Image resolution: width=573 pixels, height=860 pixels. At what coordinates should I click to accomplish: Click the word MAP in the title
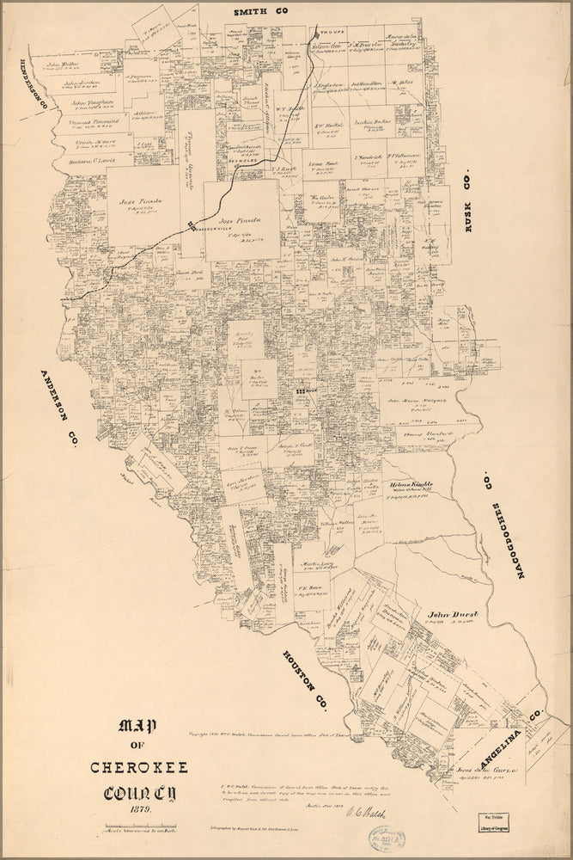[140, 728]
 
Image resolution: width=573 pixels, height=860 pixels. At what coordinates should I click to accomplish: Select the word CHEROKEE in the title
[140, 768]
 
